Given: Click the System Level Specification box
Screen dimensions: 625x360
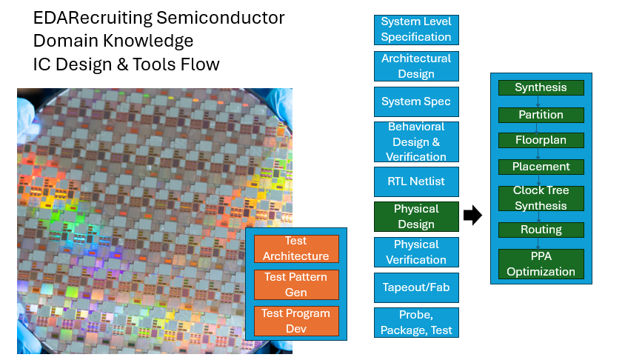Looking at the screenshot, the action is (416, 30).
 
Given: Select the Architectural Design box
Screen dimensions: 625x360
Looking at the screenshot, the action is (416, 66).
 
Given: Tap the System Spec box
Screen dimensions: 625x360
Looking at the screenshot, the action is (416, 101).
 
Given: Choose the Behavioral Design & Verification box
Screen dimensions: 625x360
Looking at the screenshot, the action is (416, 142).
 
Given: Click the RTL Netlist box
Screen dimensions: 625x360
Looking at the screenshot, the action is (416, 181).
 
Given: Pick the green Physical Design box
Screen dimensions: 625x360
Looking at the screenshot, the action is (416, 216).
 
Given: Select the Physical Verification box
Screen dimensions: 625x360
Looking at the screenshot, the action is (416, 252).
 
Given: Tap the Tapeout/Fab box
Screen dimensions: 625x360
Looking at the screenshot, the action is (416, 287).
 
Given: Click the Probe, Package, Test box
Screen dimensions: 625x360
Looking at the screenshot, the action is (416, 322).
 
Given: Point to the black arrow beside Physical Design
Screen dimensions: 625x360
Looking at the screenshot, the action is (472, 216).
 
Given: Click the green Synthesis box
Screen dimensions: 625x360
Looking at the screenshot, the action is (541, 87).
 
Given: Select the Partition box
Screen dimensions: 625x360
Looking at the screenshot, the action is (541, 115).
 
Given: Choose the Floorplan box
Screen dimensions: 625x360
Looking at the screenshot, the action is (541, 140).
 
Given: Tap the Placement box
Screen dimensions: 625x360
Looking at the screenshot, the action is (541, 167).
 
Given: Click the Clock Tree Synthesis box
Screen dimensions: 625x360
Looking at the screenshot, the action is (541, 198).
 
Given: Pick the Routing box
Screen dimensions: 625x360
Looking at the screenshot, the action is (541, 230).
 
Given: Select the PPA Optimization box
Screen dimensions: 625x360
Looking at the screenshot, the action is (541, 264).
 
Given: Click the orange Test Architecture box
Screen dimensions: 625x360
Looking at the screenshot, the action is (296, 248).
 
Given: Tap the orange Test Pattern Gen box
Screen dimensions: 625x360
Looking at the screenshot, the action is (296, 284).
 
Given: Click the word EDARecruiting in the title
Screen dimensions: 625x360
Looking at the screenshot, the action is (93, 19).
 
